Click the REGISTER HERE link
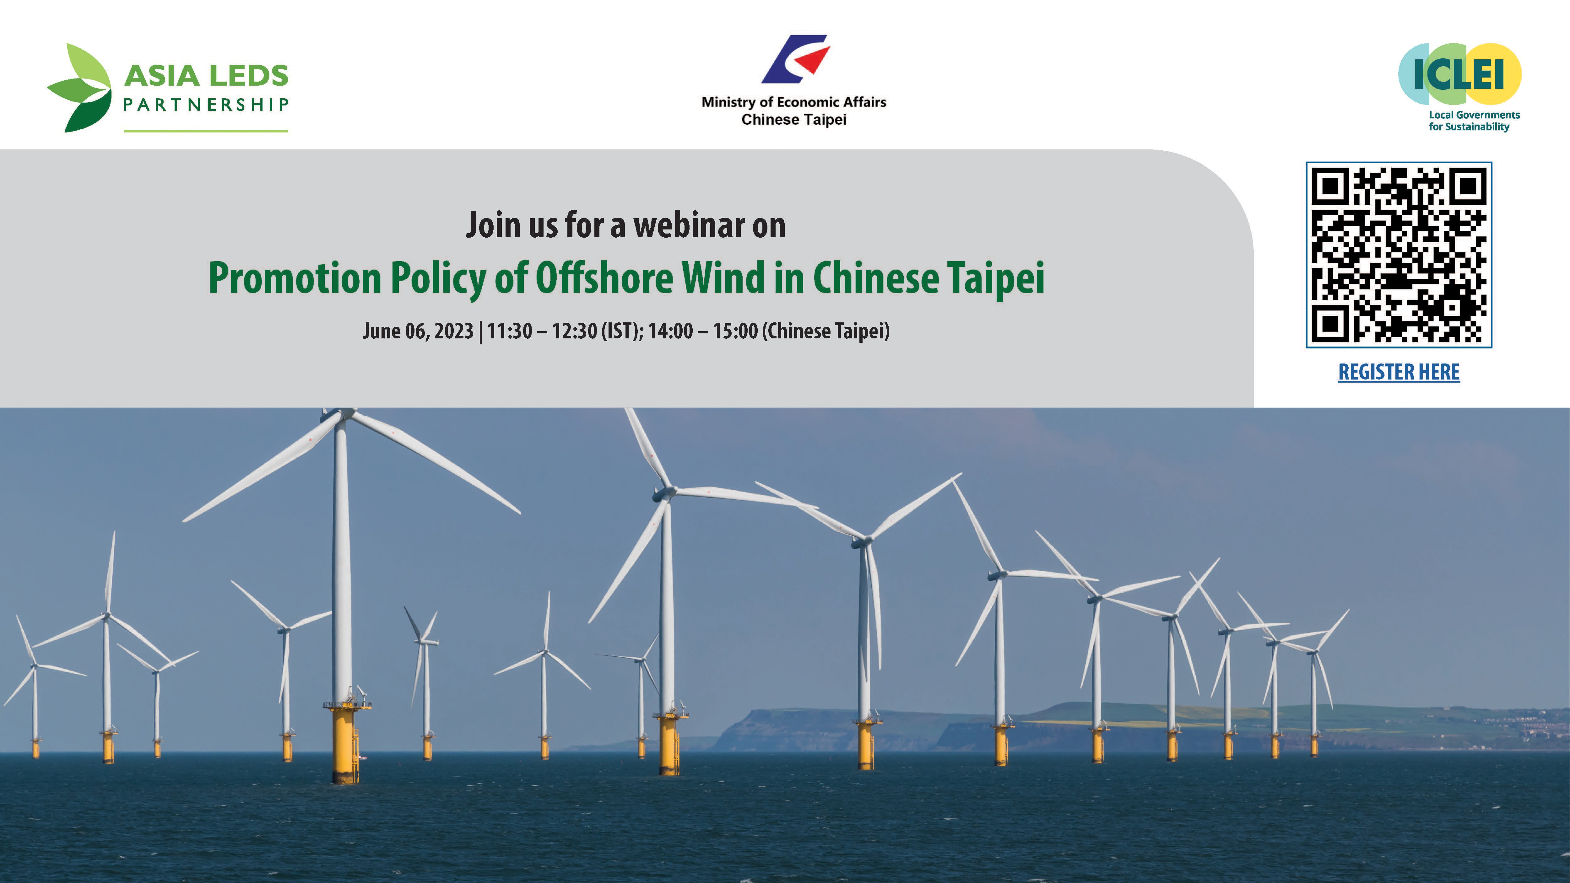tap(1399, 372)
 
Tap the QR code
tap(1399, 255)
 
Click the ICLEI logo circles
tap(1460, 74)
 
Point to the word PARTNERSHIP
tap(206, 105)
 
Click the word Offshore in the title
tap(604, 278)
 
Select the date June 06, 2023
tap(418, 331)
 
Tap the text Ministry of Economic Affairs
tap(793, 102)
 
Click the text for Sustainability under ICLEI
tap(1469, 127)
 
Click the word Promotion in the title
tap(295, 278)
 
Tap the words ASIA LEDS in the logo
tap(206, 76)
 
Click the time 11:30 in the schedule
tap(510, 331)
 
